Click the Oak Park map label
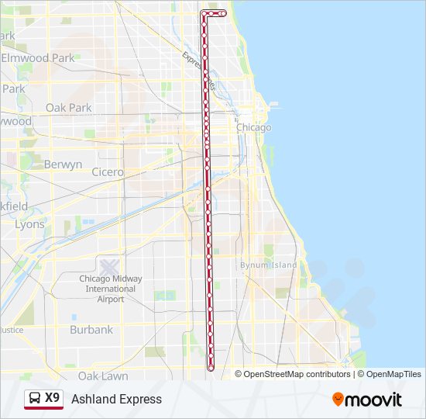tap(68, 108)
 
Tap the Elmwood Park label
tap(38, 58)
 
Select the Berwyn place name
tap(63, 164)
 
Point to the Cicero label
tap(107, 171)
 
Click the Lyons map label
tap(29, 224)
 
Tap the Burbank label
tap(91, 330)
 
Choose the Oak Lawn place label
tap(103, 376)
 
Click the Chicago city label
tap(254, 127)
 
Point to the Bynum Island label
tap(268, 265)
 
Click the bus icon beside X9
tap(36, 399)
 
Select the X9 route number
tap(53, 398)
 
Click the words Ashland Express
tap(116, 399)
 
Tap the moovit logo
tap(367, 400)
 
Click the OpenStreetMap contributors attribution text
tap(297, 374)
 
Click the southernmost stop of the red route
tap(211, 368)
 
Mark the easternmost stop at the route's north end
tap(224, 13)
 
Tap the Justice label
tap(12, 330)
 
